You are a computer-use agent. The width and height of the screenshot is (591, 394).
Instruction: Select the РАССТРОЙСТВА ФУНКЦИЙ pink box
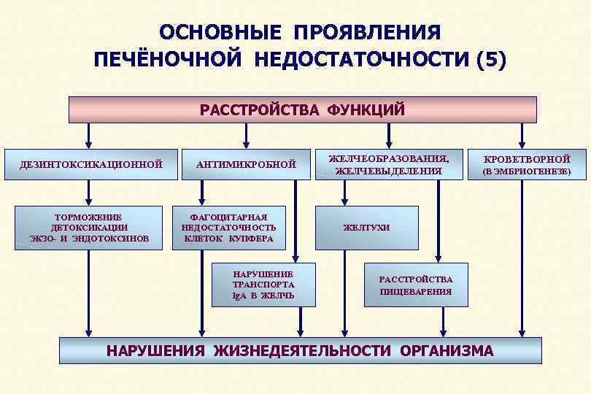(x=302, y=110)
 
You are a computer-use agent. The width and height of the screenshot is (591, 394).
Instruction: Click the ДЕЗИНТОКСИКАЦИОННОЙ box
(x=90, y=164)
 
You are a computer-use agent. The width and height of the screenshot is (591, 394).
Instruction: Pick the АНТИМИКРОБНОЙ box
(x=246, y=164)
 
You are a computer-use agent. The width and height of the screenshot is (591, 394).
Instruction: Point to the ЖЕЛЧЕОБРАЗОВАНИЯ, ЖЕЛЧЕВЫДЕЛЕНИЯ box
(x=388, y=164)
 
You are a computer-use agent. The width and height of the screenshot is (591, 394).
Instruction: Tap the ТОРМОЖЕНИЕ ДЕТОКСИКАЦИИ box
(x=88, y=228)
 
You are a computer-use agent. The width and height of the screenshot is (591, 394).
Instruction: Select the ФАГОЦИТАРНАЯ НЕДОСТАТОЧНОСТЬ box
(x=228, y=228)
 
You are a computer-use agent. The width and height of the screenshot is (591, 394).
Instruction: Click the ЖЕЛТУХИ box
(x=366, y=228)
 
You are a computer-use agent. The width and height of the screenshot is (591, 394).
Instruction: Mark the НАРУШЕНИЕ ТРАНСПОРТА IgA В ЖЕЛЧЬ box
(x=263, y=285)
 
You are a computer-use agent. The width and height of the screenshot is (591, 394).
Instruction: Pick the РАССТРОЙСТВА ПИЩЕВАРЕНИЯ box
(x=416, y=285)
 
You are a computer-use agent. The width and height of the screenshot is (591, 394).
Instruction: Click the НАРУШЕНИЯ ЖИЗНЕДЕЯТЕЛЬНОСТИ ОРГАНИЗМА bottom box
(x=300, y=350)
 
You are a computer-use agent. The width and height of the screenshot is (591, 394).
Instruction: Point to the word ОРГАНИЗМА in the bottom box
(x=447, y=350)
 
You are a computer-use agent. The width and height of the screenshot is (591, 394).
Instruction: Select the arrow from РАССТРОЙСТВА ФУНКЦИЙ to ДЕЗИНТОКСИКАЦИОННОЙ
(x=89, y=136)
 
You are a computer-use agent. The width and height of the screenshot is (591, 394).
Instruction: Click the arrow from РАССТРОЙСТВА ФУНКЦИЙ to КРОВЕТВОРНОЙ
(x=522, y=136)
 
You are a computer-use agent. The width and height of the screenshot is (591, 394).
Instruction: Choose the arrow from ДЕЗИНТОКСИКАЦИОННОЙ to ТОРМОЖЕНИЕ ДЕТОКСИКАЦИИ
(x=89, y=193)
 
